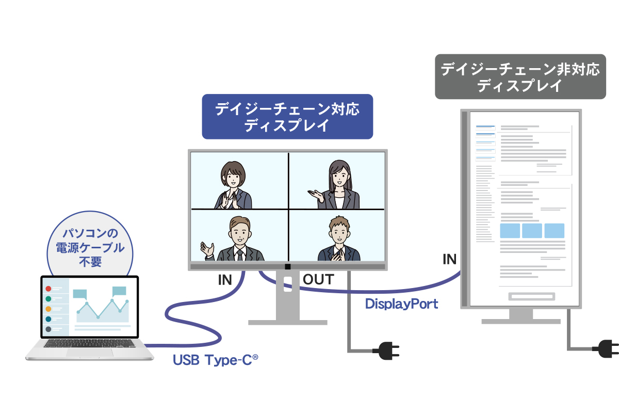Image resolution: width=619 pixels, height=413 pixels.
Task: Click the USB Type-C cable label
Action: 215,360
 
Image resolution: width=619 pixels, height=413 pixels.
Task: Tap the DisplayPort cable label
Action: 401,304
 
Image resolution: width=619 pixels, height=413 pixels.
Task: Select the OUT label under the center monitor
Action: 318,279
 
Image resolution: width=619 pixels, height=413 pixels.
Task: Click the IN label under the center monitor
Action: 225,280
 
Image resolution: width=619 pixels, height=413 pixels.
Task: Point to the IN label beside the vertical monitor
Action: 450,260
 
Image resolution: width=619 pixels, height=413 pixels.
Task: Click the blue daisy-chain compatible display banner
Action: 287,117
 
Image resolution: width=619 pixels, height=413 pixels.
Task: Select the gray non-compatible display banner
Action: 520,76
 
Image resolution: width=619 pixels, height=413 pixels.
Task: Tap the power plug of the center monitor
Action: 386,351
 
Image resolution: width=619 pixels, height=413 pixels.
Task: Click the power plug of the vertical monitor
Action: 605,349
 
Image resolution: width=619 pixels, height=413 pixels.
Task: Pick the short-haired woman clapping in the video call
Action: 233,185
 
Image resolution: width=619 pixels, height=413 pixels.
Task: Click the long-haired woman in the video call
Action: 335,184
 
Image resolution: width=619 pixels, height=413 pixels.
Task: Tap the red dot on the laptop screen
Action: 48,289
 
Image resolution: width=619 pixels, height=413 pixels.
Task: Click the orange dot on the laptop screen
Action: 48,309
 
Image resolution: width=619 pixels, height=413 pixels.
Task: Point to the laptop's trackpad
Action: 90,353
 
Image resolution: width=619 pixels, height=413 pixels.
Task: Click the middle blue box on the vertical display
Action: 532,231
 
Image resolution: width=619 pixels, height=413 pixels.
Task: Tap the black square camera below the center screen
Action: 288,267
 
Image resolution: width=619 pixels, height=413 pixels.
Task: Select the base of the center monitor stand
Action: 288,323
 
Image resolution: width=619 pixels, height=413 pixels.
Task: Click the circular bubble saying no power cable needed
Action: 90,244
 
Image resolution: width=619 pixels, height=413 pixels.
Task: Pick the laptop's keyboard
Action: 90,343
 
